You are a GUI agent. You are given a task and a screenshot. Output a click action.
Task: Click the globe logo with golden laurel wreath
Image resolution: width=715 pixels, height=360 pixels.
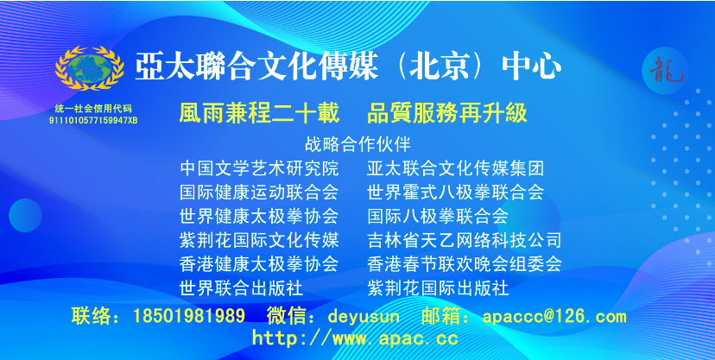point(90,68)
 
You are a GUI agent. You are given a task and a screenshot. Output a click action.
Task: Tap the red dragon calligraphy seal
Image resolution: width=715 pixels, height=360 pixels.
point(665,71)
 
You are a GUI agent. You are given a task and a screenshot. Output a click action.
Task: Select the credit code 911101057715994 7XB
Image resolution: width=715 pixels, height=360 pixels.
point(93,121)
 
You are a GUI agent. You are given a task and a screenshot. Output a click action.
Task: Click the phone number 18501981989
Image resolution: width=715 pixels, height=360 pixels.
point(189,316)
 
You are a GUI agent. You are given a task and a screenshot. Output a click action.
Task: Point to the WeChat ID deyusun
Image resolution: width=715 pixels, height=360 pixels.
point(364,316)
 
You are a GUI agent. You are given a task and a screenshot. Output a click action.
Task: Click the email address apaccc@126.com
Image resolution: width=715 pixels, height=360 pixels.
point(554,316)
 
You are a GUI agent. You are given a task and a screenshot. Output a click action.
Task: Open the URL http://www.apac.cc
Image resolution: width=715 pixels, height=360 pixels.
point(355,338)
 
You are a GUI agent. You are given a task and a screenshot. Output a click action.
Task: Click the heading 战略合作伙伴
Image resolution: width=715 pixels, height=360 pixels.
point(358,144)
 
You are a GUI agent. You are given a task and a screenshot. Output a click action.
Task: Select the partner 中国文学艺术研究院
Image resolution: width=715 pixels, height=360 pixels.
point(259,168)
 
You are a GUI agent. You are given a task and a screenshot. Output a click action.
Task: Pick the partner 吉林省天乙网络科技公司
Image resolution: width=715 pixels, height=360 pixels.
point(465,240)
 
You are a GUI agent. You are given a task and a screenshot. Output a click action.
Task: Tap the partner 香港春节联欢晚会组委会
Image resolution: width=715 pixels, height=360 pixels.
point(465,264)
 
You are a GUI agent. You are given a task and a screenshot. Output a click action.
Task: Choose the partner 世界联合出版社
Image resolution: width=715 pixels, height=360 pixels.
point(242,288)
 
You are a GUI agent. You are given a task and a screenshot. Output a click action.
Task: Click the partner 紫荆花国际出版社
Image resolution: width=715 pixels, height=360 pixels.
point(438,288)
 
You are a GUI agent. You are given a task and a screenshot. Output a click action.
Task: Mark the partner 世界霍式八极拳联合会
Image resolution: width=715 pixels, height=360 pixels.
point(456,193)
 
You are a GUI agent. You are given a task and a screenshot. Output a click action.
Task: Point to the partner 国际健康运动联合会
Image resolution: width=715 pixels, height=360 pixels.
point(259,193)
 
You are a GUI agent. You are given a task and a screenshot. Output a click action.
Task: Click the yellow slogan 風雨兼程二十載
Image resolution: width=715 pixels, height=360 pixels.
point(259,113)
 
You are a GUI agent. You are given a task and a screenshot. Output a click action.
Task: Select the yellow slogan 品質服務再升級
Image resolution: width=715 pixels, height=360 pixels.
point(447,113)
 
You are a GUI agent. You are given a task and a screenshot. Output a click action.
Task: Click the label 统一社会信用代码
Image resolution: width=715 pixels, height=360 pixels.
point(93,109)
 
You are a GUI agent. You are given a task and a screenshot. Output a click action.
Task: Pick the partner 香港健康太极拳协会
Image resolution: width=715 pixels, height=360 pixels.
point(259,264)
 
